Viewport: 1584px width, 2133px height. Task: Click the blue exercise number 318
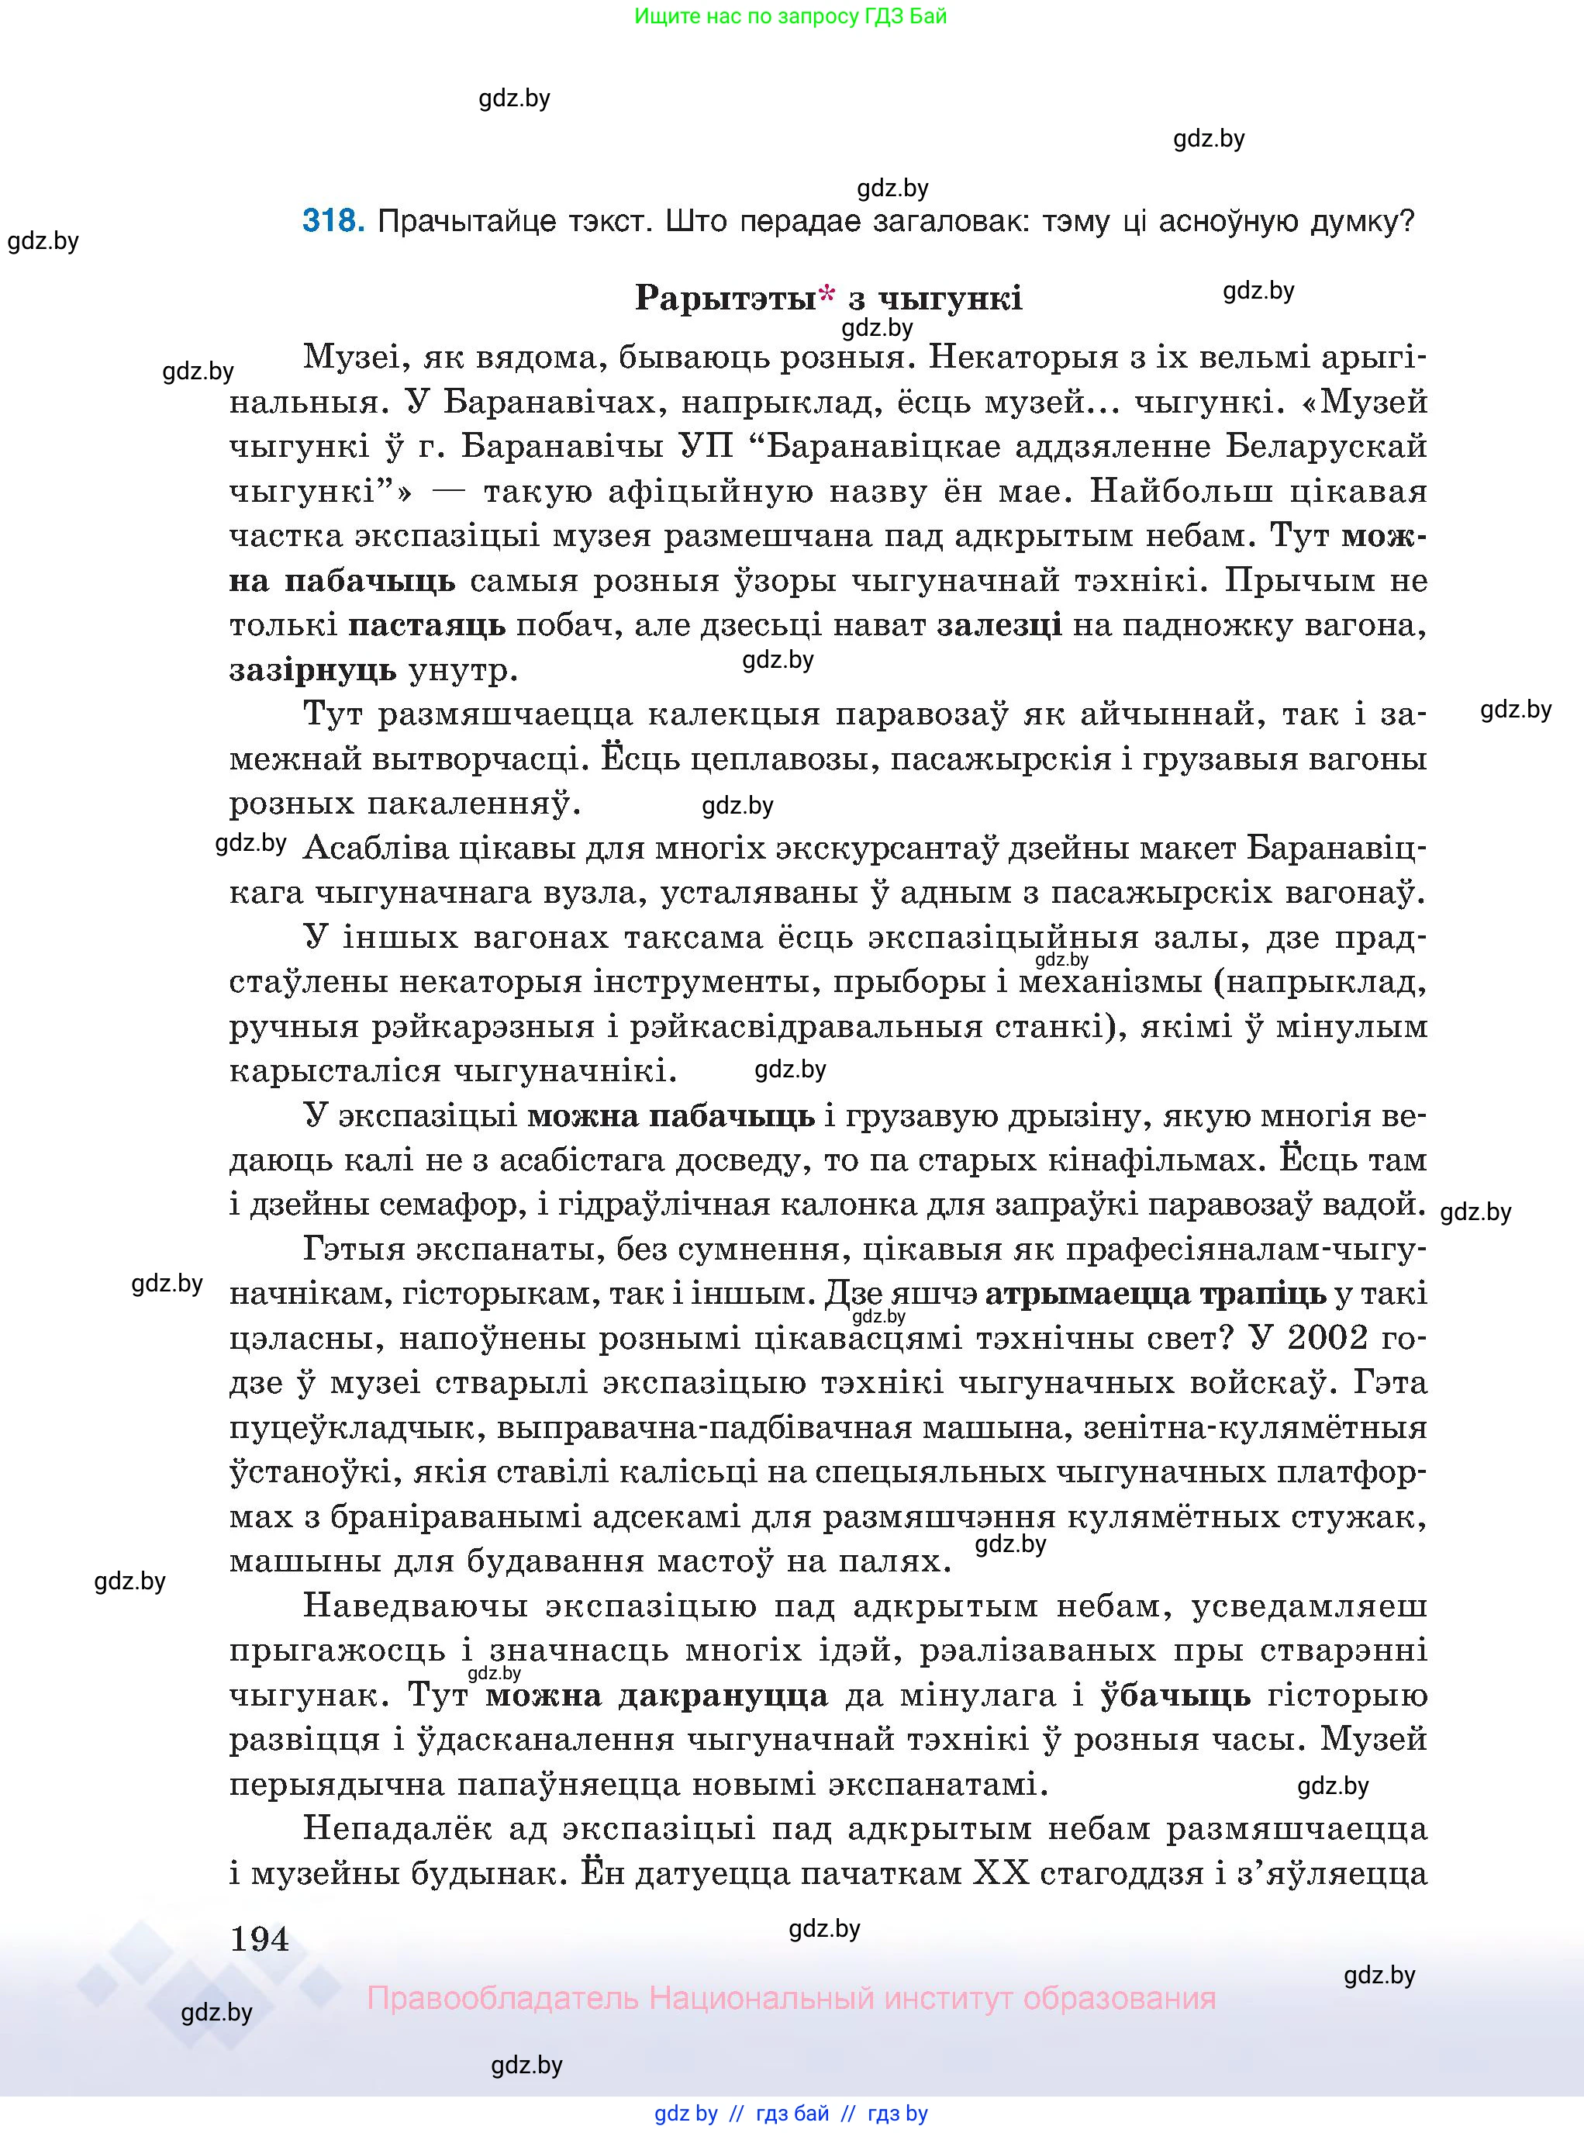pos(332,222)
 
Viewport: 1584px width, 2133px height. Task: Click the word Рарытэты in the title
pos(725,299)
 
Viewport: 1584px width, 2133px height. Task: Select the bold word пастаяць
pos(426,626)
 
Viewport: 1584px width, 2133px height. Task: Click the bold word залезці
pos(999,625)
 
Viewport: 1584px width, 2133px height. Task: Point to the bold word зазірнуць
pos(312,670)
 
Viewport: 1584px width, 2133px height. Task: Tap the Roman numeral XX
pos(1001,1873)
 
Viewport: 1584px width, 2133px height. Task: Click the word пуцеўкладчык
pos(353,1428)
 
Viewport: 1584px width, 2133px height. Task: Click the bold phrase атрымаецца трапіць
pos(1155,1294)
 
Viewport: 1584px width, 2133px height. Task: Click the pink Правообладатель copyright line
pos(791,1999)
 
